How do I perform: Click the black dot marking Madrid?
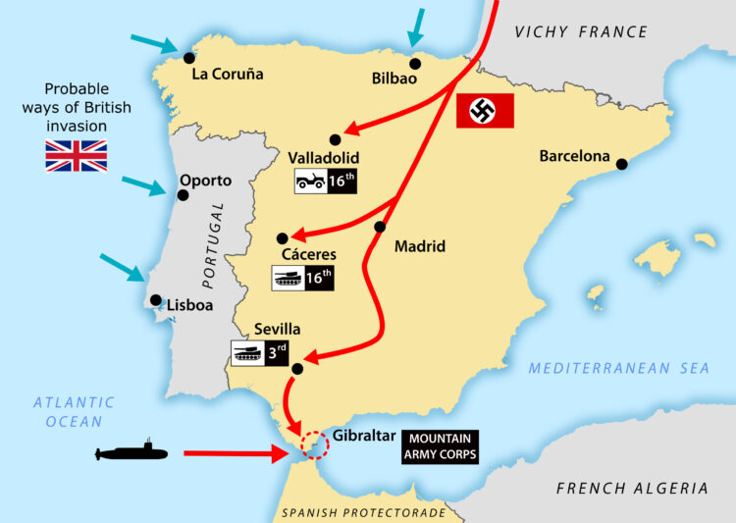coord(380,228)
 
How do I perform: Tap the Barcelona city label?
coord(574,156)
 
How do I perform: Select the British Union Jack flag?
coord(77,156)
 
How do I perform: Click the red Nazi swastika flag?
coord(486,112)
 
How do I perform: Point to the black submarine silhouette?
coord(131,452)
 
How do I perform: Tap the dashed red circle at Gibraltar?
coord(313,445)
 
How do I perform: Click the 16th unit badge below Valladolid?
coord(324,181)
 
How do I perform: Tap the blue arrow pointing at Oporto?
coord(143,185)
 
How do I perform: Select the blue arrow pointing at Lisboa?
coord(122,269)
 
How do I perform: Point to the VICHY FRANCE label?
coord(581,32)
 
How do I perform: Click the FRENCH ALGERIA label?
coord(631,488)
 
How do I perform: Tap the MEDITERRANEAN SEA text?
coord(618,368)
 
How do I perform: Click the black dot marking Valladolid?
coord(336,139)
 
